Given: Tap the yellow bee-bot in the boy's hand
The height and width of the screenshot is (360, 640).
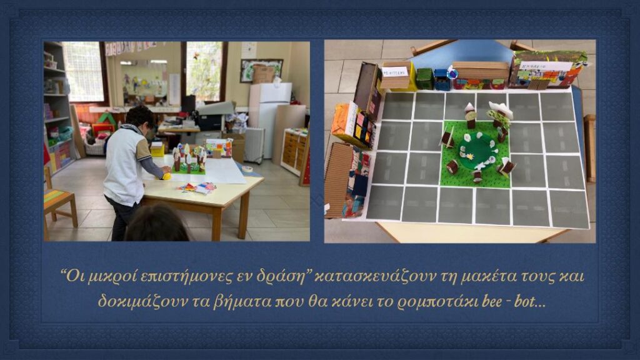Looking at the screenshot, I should pos(167,176).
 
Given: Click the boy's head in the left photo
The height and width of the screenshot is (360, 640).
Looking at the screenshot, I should pos(141,119).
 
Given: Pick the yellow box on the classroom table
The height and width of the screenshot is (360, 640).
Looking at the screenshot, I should pos(157,149).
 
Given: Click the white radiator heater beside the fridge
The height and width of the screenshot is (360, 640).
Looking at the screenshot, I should pos(254,145).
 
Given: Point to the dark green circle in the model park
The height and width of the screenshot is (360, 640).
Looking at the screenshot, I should pos(477,149).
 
